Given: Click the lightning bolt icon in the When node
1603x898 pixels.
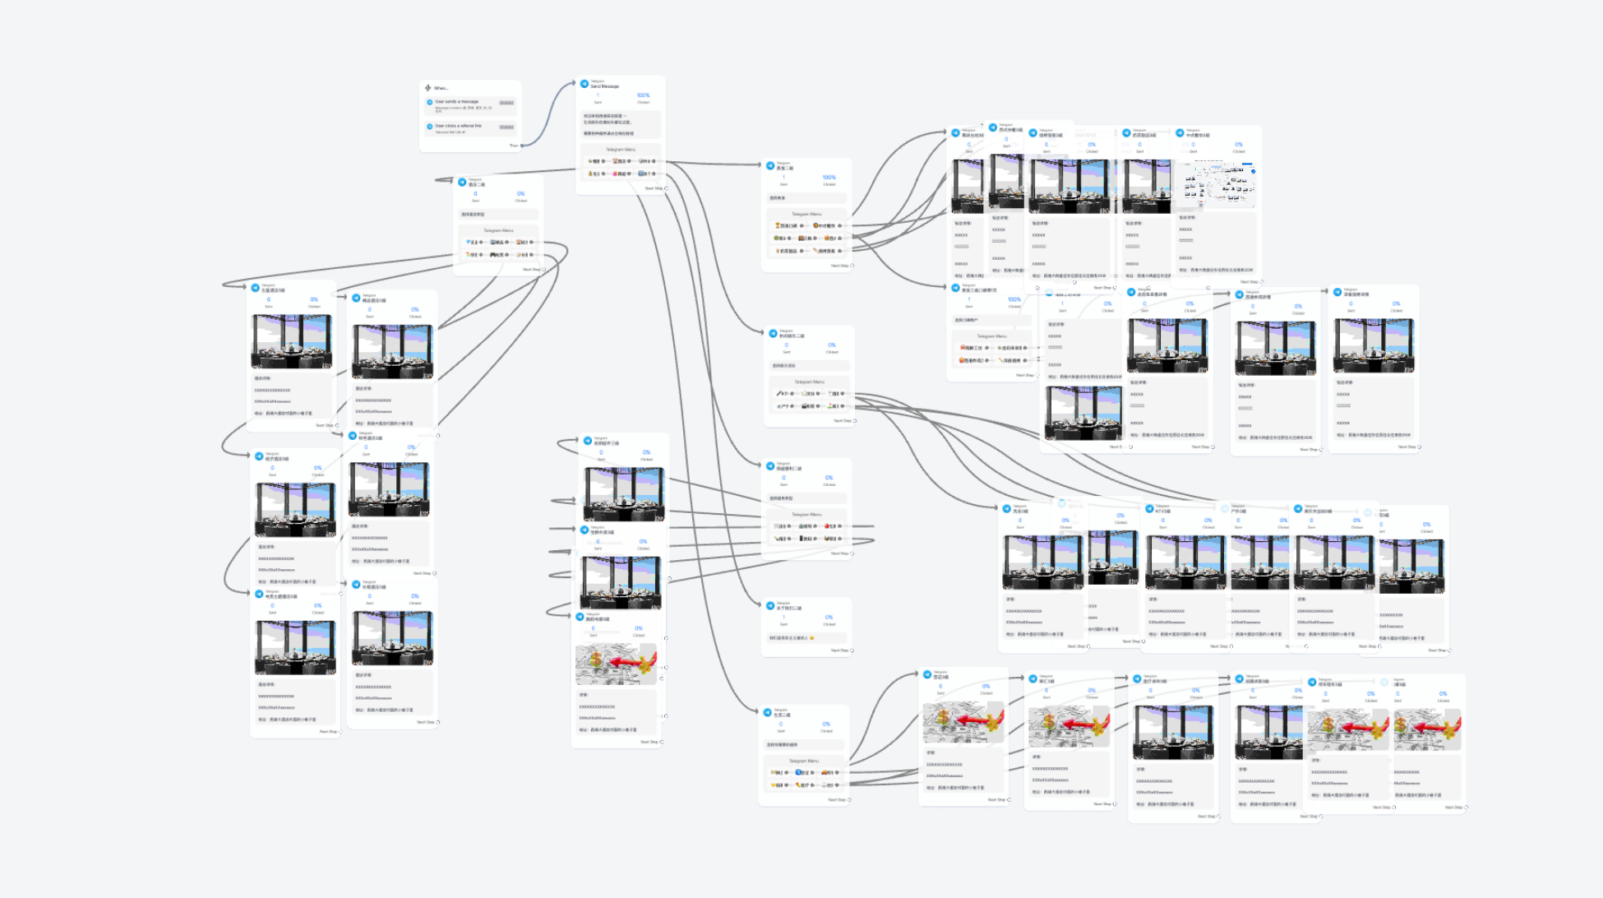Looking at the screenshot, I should [x=427, y=88].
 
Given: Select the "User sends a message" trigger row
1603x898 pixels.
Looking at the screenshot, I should [x=456, y=102].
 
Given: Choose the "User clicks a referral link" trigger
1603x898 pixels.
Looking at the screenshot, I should [x=458, y=126].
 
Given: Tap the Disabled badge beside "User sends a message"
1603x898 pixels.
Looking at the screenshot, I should [x=506, y=103].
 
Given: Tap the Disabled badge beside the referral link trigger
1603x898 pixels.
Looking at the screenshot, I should [x=506, y=127].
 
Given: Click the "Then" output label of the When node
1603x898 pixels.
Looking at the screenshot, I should [x=514, y=146].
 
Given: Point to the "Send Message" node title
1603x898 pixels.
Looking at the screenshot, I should [x=604, y=86].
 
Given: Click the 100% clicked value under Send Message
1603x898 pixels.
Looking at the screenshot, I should [x=643, y=95].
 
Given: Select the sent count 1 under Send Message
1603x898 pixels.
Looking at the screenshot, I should [x=598, y=95].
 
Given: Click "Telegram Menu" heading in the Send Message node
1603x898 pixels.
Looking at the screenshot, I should [x=620, y=150].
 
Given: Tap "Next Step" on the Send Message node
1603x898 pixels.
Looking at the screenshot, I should [x=654, y=188].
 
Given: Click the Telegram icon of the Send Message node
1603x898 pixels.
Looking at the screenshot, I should [x=584, y=84].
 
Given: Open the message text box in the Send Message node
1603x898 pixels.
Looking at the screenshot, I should [x=620, y=124].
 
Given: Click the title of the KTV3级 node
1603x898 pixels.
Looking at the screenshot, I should [x=1163, y=511].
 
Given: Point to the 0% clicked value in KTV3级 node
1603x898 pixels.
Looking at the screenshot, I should [x=1208, y=521].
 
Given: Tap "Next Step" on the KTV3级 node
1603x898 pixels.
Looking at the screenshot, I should [x=1218, y=646].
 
